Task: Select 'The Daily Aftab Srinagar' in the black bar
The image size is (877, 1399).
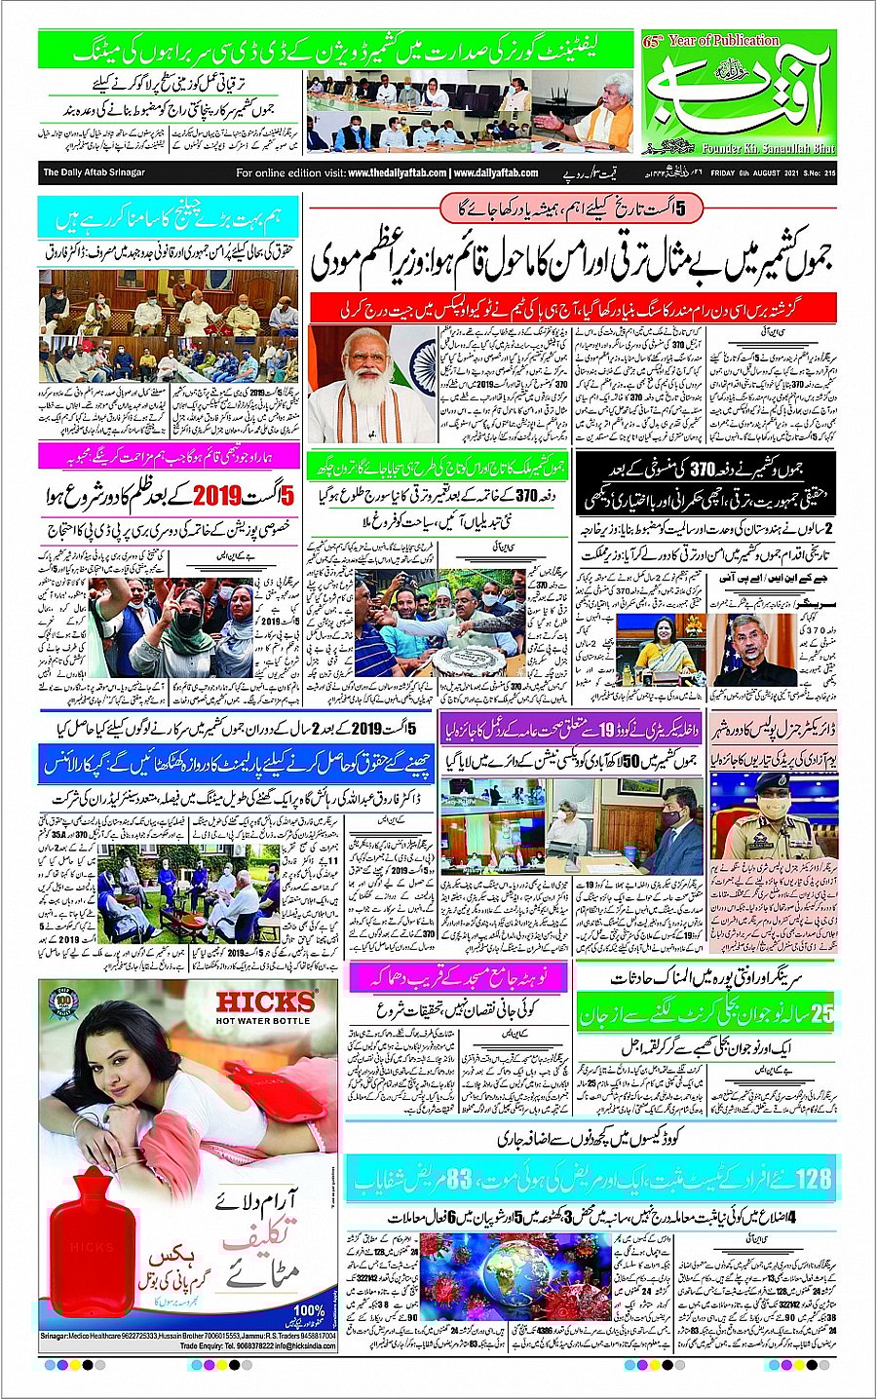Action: tap(94, 173)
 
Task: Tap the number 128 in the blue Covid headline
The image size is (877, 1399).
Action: tap(815, 1179)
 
